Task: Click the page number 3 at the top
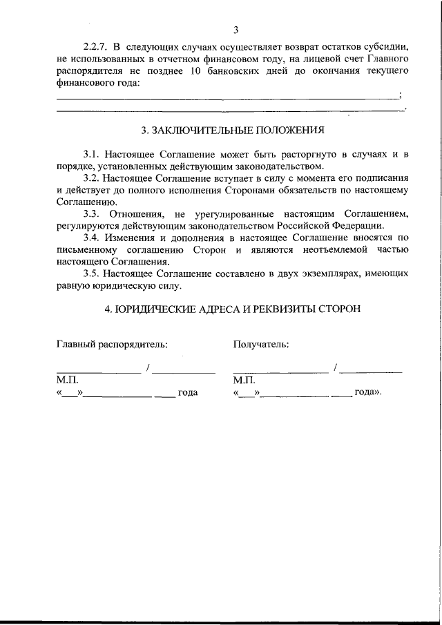(x=236, y=30)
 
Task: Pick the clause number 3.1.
(x=91, y=154)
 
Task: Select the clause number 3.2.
(x=91, y=178)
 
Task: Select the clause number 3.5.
(x=91, y=273)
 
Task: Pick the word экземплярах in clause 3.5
(x=324, y=273)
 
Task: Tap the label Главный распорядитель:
(x=112, y=344)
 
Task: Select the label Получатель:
(x=261, y=344)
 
